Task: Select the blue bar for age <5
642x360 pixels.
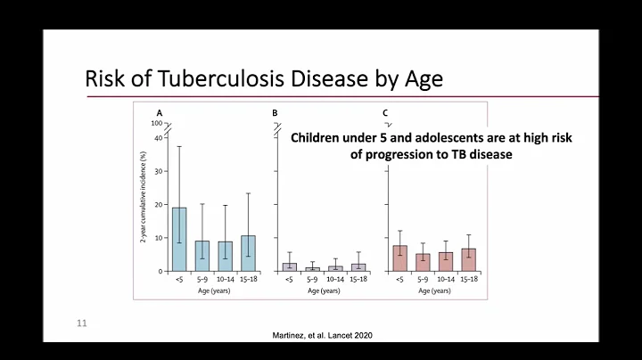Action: coord(179,240)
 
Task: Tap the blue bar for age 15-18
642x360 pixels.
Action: coord(248,254)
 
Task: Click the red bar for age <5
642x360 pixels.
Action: coord(400,258)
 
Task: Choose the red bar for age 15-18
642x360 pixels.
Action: coord(469,260)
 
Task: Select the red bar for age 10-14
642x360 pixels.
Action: coord(446,262)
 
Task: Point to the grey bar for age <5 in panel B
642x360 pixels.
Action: coord(290,266)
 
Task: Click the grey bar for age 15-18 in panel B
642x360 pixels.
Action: coord(358,267)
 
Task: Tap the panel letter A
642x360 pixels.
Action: coord(160,113)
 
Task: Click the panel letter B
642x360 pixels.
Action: coord(275,113)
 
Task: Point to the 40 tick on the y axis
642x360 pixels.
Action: coord(157,137)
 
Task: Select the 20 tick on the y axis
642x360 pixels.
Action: coord(157,205)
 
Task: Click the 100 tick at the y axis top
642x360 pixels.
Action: coord(156,123)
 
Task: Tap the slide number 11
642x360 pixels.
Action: coord(81,323)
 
